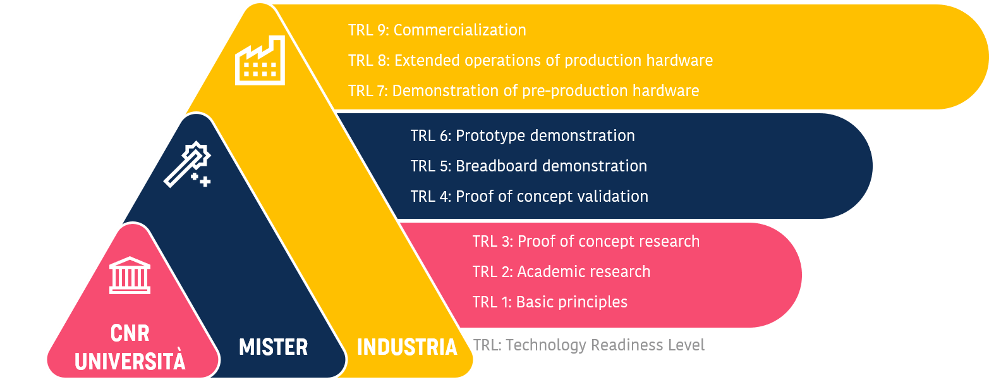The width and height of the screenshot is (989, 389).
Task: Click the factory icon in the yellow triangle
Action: pyautogui.click(x=260, y=60)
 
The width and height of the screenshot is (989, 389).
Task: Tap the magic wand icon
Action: pyautogui.click(x=187, y=164)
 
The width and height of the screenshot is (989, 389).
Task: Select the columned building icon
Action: pyautogui.click(x=130, y=275)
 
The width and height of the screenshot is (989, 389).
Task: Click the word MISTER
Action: pyautogui.click(x=273, y=347)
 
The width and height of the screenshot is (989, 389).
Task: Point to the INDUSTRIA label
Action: pyautogui.click(x=406, y=347)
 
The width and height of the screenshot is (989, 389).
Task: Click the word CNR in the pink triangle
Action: pyautogui.click(x=130, y=333)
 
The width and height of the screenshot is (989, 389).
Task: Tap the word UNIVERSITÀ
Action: pyautogui.click(x=130, y=360)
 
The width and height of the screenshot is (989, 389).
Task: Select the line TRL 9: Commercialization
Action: pyautogui.click(x=437, y=30)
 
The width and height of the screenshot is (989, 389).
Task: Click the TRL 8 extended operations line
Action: pyautogui.click(x=530, y=61)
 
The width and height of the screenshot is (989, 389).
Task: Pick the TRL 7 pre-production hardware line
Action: pyautogui.click(x=524, y=90)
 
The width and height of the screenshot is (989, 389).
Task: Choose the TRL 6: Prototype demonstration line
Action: pyautogui.click(x=523, y=136)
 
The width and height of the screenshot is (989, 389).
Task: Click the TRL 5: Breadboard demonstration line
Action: pyautogui.click(x=529, y=166)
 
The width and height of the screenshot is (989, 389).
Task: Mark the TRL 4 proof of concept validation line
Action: pyautogui.click(x=530, y=196)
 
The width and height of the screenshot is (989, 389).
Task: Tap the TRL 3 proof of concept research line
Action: pyautogui.click(x=586, y=242)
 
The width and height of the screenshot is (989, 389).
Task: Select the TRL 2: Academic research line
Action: pyautogui.click(x=561, y=272)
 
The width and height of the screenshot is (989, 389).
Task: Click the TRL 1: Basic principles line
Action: pyautogui.click(x=550, y=302)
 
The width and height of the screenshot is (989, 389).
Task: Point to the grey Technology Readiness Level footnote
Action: pyautogui.click(x=588, y=345)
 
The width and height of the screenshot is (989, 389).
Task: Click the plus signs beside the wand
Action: pyautogui.click(x=201, y=180)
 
